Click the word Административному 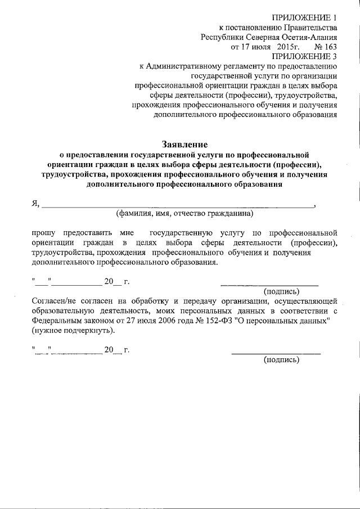183,66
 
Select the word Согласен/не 56,302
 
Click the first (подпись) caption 282,292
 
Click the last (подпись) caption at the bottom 282,361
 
